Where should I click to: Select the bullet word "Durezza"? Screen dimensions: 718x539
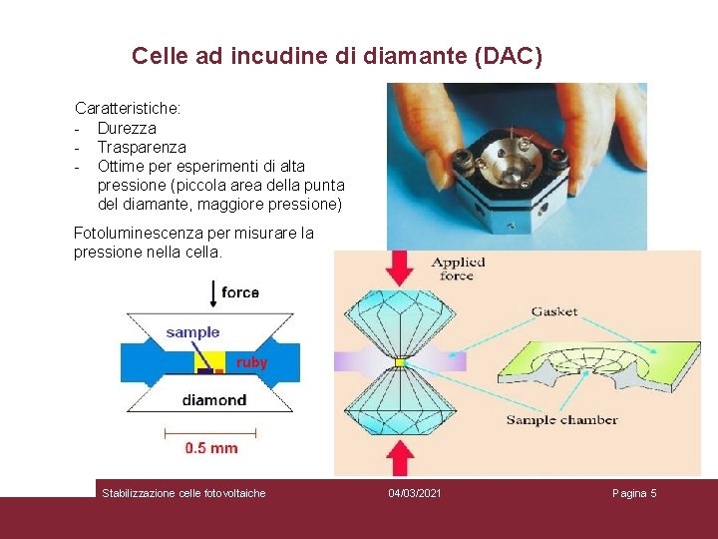pyautogui.click(x=127, y=128)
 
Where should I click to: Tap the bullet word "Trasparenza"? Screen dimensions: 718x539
pyautogui.click(x=142, y=147)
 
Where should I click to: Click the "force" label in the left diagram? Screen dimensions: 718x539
pyautogui.click(x=240, y=291)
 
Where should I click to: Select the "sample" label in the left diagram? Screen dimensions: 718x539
pyautogui.click(x=192, y=332)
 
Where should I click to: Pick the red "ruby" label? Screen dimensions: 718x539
pyautogui.click(x=251, y=363)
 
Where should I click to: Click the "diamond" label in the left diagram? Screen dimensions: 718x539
pyautogui.click(x=213, y=400)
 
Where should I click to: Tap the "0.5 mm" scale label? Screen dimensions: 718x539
pyautogui.click(x=211, y=448)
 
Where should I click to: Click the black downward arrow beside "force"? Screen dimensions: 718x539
pyautogui.click(x=212, y=293)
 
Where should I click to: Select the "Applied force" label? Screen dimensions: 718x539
pyautogui.click(x=459, y=269)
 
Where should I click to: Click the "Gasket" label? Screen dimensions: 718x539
pyautogui.click(x=553, y=311)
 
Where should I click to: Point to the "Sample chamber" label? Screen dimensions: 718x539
pyautogui.click(x=561, y=420)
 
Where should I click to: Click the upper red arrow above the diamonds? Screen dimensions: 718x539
pyautogui.click(x=400, y=268)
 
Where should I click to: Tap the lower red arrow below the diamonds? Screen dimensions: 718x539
pyautogui.click(x=400, y=456)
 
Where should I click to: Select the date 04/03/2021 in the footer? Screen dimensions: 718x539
pyautogui.click(x=414, y=493)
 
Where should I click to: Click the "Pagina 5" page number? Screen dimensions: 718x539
pyautogui.click(x=634, y=493)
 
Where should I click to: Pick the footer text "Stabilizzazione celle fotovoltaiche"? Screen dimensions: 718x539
pyautogui.click(x=183, y=493)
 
